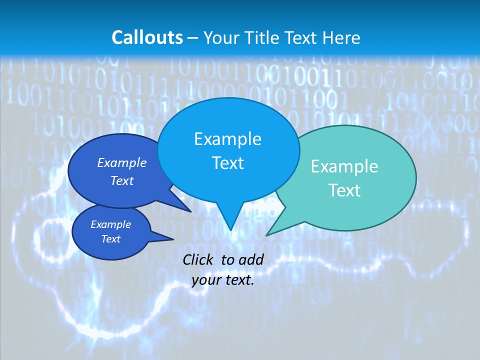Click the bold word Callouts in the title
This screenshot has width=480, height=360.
click(147, 37)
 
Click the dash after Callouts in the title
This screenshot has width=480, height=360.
click(193, 38)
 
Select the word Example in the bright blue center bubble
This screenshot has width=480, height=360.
click(227, 138)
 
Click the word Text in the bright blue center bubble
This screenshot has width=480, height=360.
click(227, 163)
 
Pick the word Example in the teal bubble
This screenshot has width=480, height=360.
click(344, 166)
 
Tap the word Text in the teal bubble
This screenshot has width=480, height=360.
click(344, 190)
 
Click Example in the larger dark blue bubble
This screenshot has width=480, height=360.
click(121, 162)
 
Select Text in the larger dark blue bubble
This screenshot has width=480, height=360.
click(121, 181)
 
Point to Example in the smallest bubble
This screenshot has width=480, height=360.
click(110, 224)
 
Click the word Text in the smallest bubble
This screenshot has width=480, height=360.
click(110, 239)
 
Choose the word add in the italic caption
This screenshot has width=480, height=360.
click(250, 259)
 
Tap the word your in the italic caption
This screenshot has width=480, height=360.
click(205, 280)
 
